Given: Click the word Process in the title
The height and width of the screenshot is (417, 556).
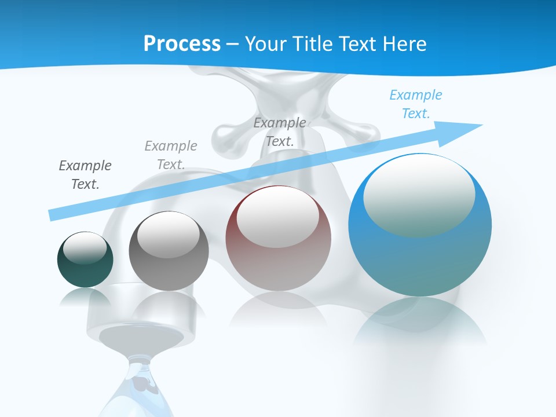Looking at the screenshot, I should point(182,44).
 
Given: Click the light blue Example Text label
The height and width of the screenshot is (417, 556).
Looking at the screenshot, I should point(416,104).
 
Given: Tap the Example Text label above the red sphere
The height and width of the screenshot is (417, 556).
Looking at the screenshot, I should point(280,131).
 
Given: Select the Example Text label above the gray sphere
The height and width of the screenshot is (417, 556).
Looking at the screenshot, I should point(171,155).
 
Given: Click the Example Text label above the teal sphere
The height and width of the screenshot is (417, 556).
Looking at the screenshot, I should point(85,174).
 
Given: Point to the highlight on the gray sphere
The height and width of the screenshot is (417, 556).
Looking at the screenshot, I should point(168,234).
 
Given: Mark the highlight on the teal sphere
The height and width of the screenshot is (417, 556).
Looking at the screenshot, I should point(85,247).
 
